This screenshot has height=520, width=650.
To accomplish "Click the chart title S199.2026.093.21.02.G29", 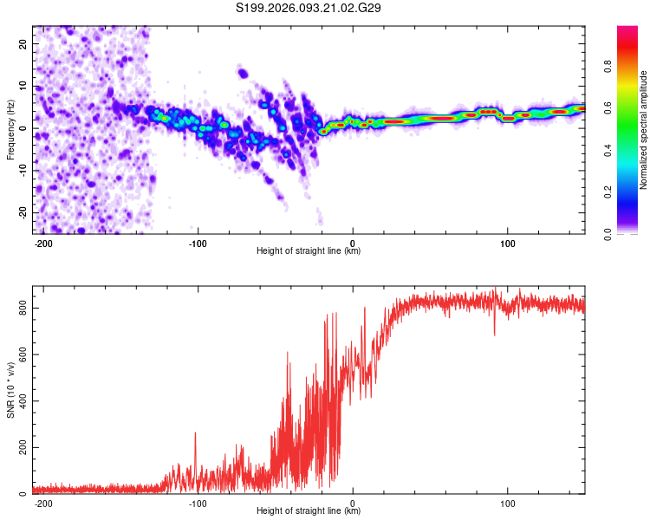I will [x=309, y=8].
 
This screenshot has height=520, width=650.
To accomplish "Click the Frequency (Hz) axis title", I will [x=10, y=130].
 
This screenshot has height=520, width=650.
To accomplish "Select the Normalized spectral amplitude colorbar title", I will [x=643, y=130].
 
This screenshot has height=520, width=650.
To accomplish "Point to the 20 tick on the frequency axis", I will [x=23, y=43].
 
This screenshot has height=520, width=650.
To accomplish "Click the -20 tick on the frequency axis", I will [x=21, y=212].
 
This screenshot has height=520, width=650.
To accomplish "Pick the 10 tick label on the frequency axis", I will [x=23, y=86].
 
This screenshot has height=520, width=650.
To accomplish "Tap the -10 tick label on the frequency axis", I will [x=21, y=170].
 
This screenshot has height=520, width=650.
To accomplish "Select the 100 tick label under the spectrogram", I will [x=506, y=243].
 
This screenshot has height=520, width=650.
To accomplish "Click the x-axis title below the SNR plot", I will [x=309, y=511].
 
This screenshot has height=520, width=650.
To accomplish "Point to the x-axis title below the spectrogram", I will [x=309, y=251].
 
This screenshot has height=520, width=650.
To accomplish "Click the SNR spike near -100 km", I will [x=196, y=433].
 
